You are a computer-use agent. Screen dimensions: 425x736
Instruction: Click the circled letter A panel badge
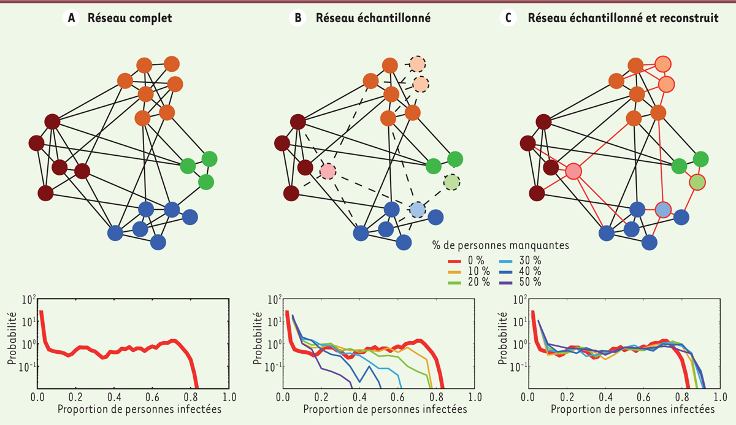(72, 18)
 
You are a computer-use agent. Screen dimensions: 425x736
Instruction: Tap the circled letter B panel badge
(297, 18)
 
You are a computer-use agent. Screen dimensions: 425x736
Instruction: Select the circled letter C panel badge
(508, 18)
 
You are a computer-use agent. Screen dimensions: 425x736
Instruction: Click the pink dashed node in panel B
(328, 170)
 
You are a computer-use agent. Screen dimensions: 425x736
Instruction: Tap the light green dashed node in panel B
(451, 182)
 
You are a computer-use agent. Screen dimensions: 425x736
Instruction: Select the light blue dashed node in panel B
(417, 210)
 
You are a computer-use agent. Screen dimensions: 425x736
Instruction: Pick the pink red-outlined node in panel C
(573, 171)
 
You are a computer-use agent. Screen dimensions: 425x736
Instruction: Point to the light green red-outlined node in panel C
(697, 182)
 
